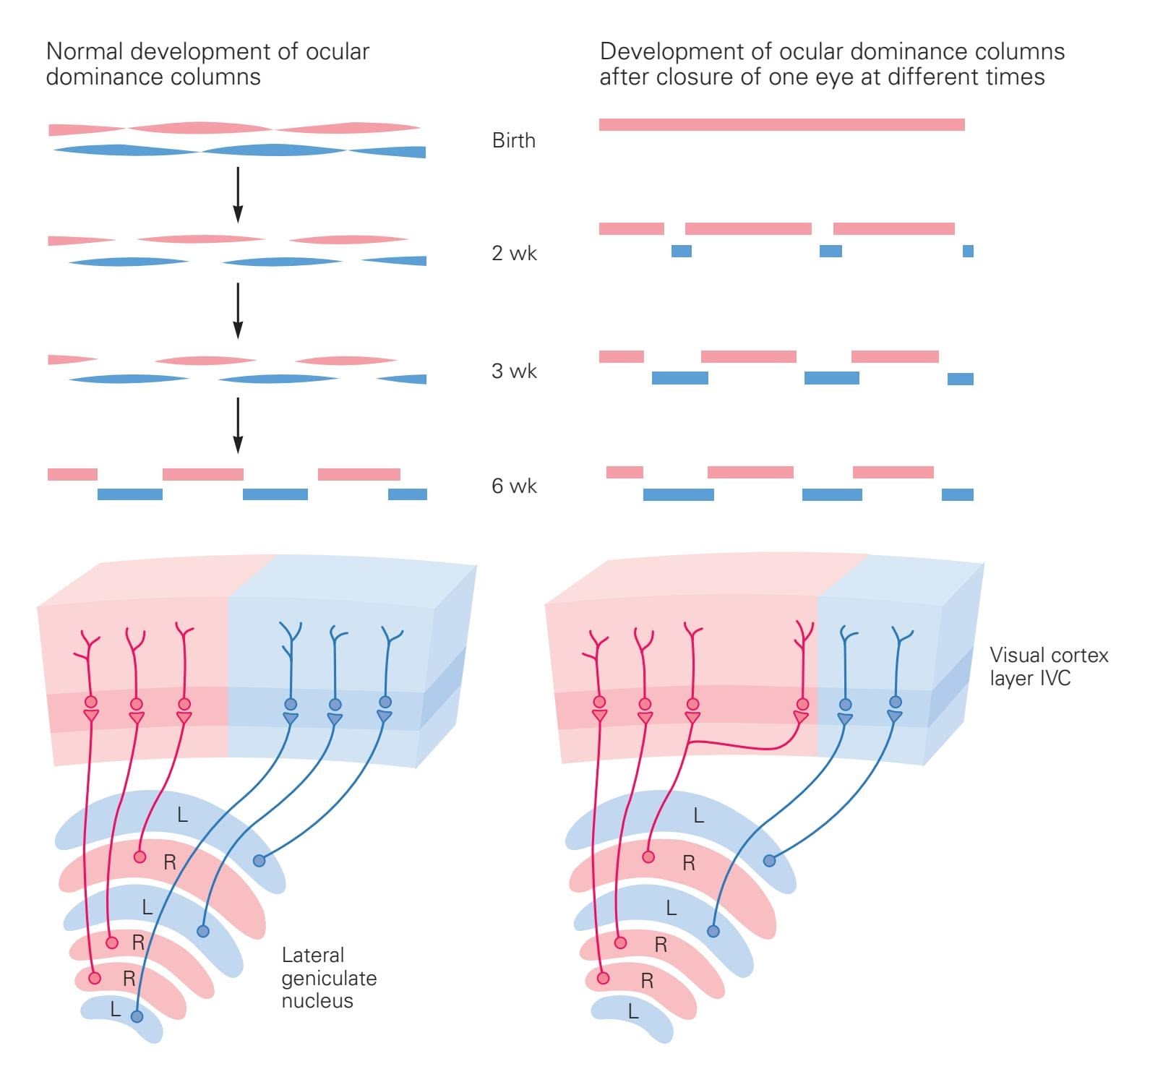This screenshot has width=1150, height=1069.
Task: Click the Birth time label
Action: coord(513,140)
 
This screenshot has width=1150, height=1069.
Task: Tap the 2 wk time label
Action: coord(514,253)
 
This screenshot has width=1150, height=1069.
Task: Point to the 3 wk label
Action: coord(514,371)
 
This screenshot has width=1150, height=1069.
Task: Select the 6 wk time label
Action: coord(514,486)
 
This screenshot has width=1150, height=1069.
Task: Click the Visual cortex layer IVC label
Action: coord(1048,666)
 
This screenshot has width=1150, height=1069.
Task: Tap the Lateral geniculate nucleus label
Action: coord(329,977)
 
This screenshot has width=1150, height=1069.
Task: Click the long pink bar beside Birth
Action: coord(781,124)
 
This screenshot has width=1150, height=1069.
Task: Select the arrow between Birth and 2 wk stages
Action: coord(238,194)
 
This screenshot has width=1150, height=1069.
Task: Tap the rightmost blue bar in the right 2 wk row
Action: coord(968,251)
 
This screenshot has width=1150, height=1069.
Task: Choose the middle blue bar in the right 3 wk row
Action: coord(831,377)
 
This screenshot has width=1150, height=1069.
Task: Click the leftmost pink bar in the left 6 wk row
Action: coord(72,474)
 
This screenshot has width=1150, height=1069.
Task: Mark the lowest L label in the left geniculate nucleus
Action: coord(116,1009)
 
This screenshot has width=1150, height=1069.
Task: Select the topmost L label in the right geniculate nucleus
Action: coord(698,816)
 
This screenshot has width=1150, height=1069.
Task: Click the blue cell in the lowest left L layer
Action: coord(137,1016)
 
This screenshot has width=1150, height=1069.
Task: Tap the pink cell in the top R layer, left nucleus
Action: coord(140,857)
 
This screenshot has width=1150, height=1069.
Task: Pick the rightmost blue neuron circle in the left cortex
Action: coord(385,702)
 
